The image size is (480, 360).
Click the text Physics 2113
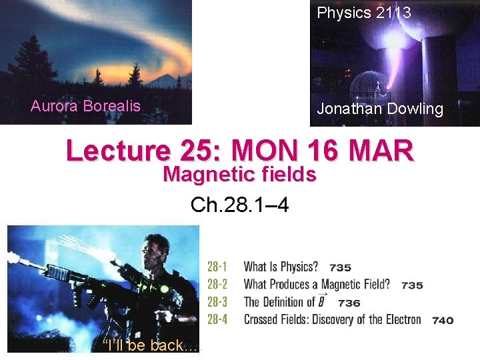click(363, 13)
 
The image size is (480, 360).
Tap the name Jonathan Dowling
click(380, 109)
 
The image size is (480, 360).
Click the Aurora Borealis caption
click(85, 106)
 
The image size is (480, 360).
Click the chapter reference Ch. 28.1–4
click(239, 204)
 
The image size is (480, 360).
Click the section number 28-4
click(217, 319)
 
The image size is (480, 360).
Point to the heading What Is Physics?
click(281, 267)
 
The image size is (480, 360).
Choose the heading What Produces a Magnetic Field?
click(317, 285)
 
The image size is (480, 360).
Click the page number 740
click(443, 321)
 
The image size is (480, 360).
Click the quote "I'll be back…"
click(151, 345)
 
